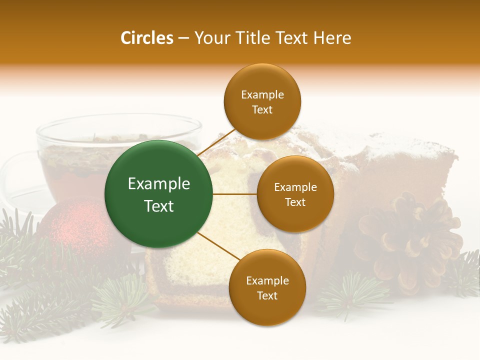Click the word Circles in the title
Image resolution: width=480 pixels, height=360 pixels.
[x=146, y=38]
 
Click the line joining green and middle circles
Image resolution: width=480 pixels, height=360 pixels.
[x=235, y=193]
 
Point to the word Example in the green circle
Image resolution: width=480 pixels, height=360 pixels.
[x=159, y=184]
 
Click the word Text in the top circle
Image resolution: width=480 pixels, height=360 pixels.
[x=262, y=110]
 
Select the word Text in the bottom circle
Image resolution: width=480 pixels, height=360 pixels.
[x=267, y=296]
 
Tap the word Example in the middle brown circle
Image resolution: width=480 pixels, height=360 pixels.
[x=295, y=187]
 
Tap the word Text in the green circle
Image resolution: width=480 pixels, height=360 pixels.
[x=159, y=206]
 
